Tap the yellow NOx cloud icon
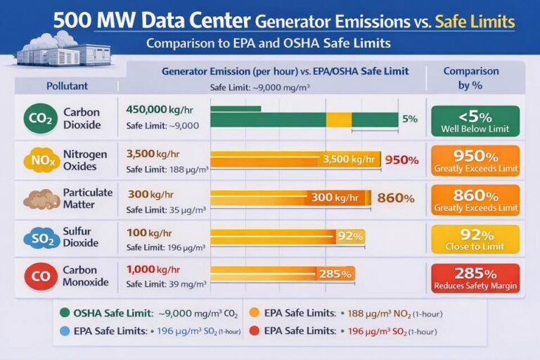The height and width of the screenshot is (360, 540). tap(40, 160)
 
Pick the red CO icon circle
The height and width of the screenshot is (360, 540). tap(40, 276)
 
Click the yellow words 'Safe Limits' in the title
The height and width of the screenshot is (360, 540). tap(475, 22)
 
